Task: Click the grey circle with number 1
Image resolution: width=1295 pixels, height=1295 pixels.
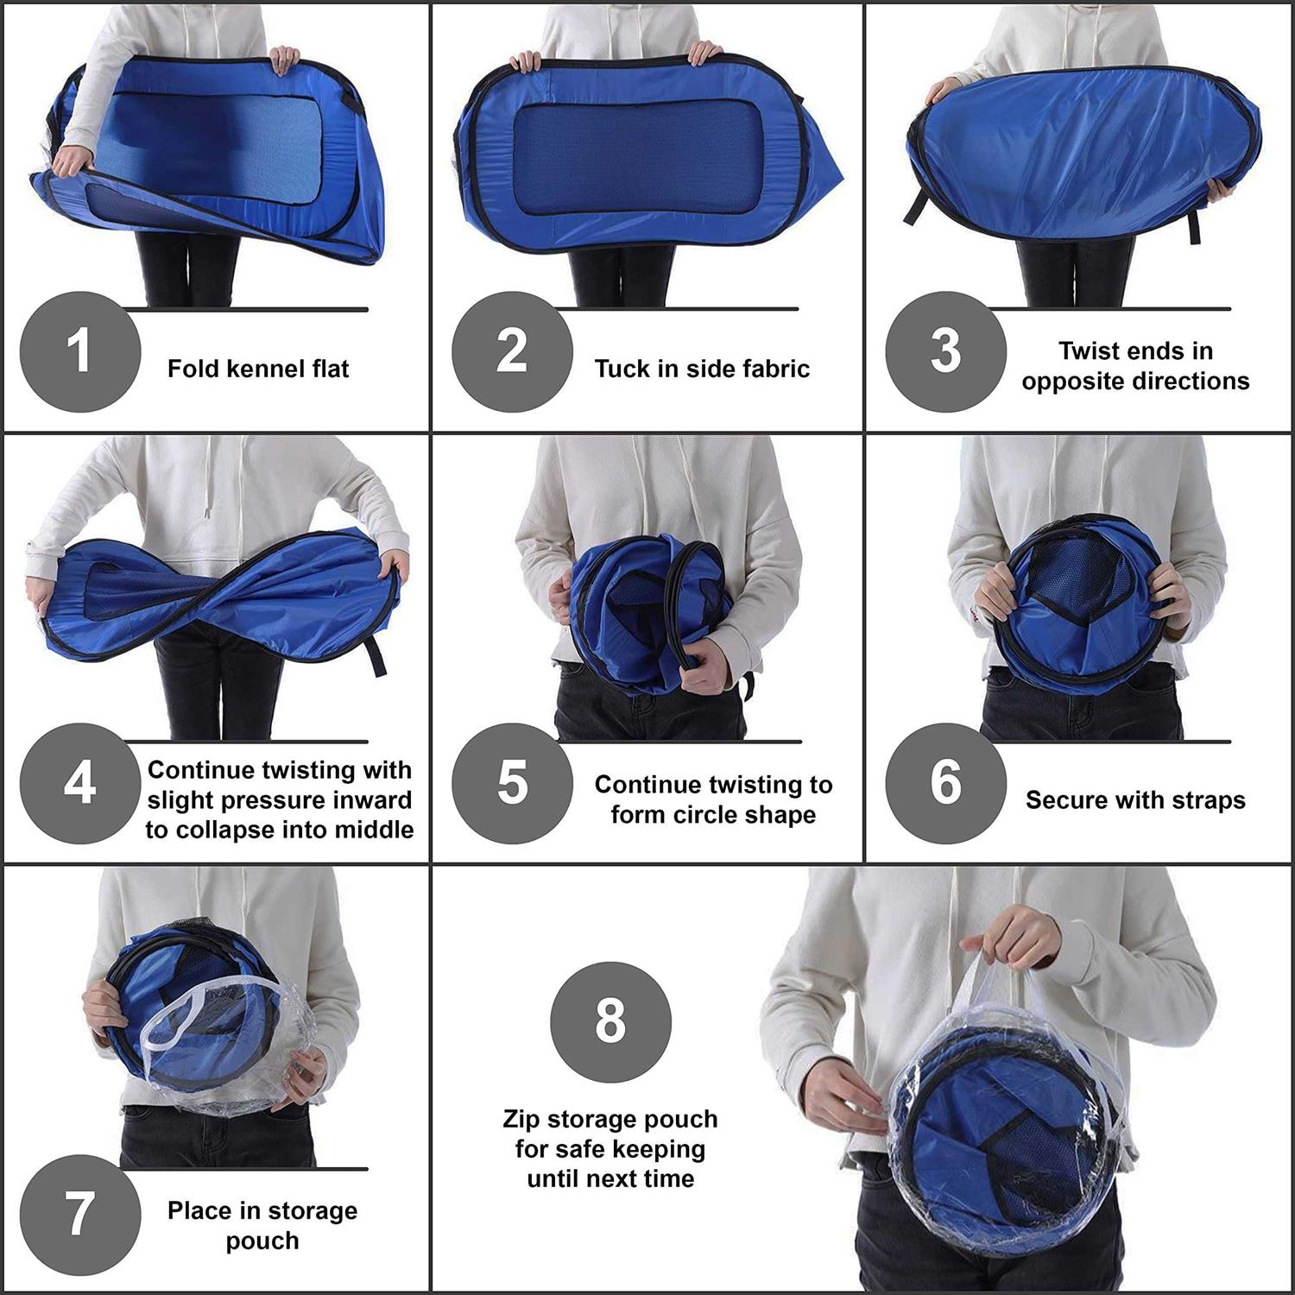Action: tap(79, 351)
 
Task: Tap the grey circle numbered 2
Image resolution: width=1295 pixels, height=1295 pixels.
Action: tap(512, 351)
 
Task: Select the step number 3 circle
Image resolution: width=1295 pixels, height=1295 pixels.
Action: tap(945, 351)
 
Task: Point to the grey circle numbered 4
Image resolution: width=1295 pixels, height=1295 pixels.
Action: tap(79, 783)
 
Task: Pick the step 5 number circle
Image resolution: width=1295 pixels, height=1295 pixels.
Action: tap(512, 783)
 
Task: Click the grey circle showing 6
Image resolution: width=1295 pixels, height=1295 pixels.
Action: tap(945, 783)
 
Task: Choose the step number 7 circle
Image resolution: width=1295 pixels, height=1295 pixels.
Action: tap(79, 1215)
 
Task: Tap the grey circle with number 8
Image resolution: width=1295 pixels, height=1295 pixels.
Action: tap(610, 1021)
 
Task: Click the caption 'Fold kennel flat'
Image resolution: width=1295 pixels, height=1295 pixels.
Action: tap(258, 370)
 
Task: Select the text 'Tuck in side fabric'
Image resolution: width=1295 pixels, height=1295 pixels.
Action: tap(702, 370)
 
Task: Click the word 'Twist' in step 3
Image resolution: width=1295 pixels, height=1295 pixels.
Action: tap(1092, 351)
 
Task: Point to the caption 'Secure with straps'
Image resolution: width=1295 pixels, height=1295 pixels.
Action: tap(1135, 800)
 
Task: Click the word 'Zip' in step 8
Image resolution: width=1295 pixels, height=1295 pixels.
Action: tap(521, 1120)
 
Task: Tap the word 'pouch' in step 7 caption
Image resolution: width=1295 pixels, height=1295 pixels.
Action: tap(262, 1241)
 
